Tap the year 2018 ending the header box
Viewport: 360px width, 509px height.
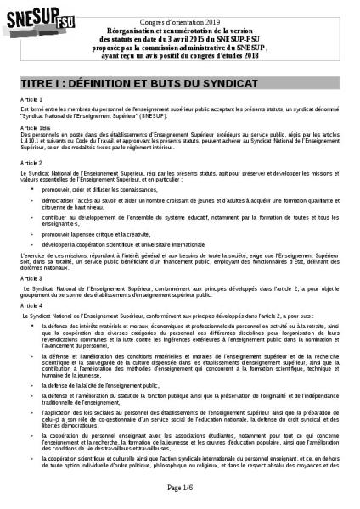pos(252,57)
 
